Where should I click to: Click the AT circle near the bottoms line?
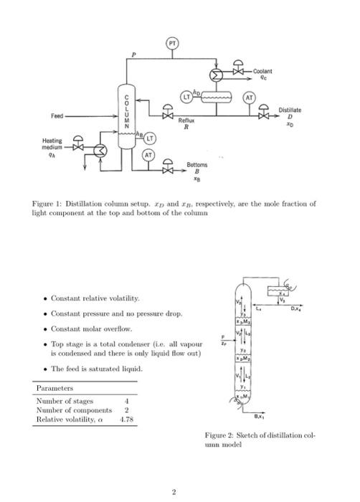(x=148, y=155)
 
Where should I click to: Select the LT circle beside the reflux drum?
(x=186, y=95)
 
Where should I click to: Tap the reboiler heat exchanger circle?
(x=102, y=151)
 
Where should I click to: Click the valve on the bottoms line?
(x=169, y=170)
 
